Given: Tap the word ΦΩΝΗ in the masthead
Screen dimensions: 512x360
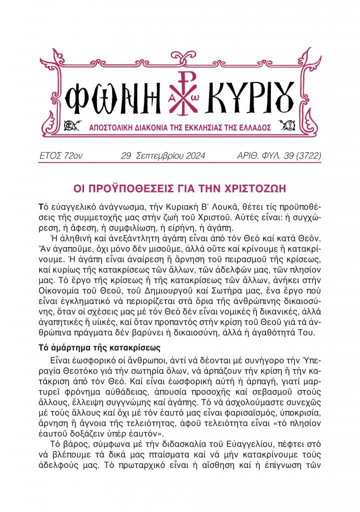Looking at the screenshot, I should [107, 94].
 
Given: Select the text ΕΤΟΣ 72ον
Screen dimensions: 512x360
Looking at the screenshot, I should [61, 156].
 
